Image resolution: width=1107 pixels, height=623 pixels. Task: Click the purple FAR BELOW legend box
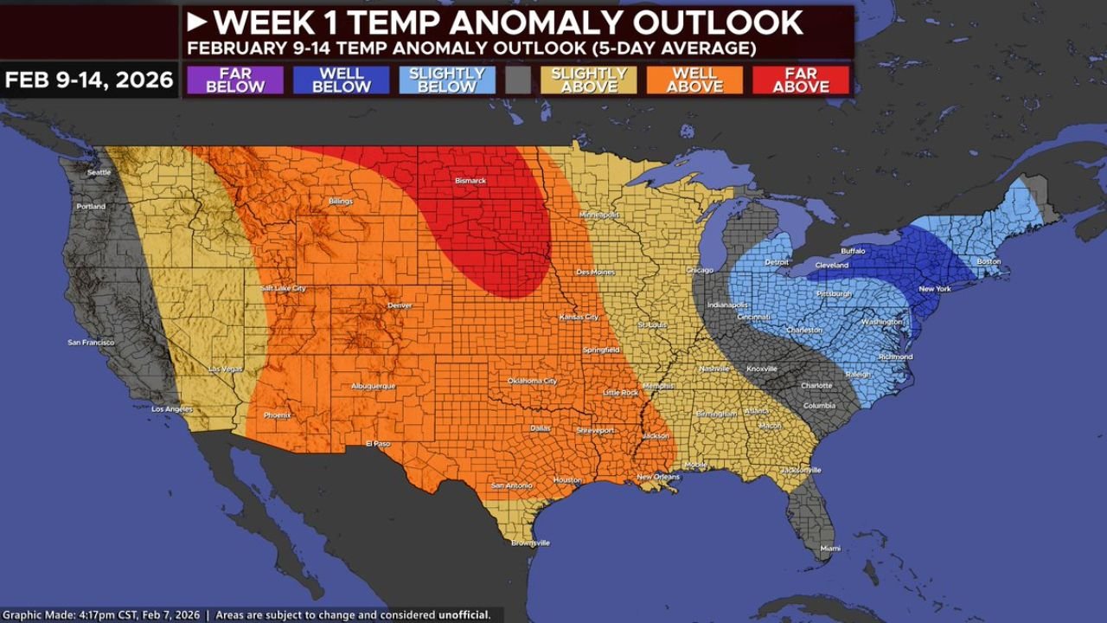point(234,80)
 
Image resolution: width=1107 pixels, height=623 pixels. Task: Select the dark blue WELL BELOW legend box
point(341,80)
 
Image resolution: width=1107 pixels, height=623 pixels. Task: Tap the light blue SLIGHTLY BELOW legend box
point(447,80)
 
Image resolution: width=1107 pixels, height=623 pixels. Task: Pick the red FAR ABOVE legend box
point(801,80)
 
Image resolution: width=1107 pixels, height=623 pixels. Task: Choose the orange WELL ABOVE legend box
point(694,80)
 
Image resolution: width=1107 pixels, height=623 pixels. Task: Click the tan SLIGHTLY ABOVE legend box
point(588,80)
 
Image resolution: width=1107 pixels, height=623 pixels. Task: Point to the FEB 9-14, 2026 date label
point(89,80)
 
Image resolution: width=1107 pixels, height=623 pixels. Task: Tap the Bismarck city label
point(471,181)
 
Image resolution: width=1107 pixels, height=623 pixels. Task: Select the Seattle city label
point(99,172)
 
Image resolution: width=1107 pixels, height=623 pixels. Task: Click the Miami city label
point(829,549)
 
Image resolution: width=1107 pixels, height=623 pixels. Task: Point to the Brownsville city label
point(529,543)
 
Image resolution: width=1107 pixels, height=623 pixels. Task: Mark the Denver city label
point(400,305)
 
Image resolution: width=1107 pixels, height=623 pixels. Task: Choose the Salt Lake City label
point(284,288)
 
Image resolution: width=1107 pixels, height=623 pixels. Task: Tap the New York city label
point(934,289)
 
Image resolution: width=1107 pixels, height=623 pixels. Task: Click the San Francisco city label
point(91,343)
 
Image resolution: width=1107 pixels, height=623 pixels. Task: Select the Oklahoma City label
point(532,381)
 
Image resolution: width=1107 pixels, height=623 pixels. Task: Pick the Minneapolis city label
point(599,215)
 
